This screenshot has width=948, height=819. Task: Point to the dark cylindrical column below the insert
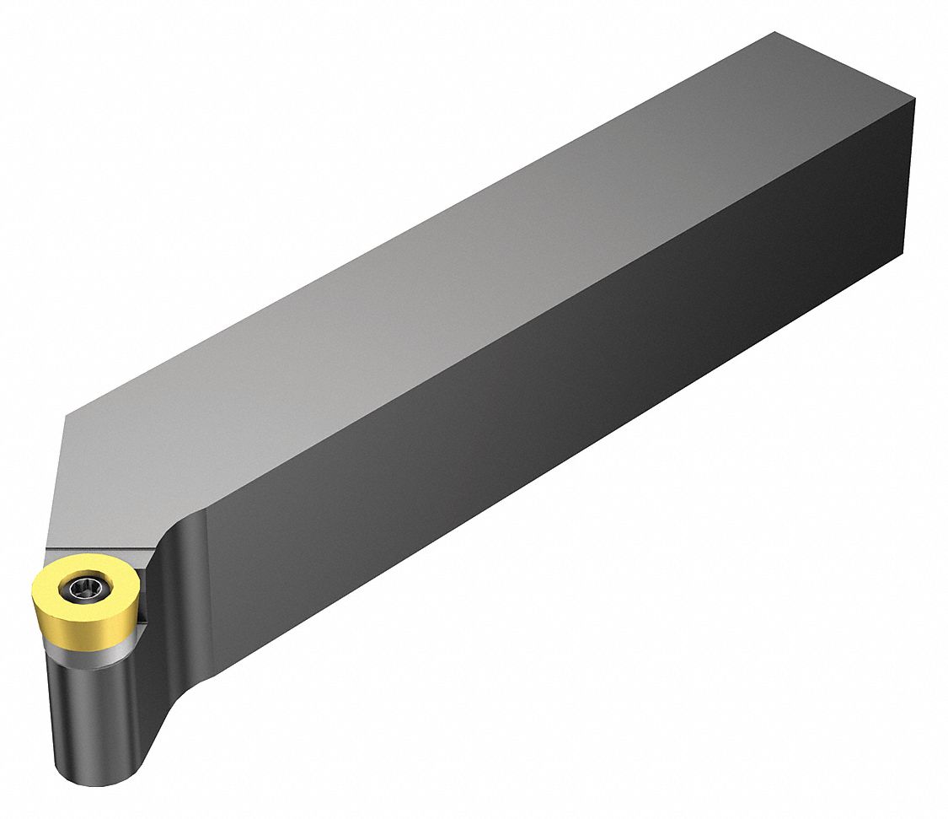(x=93, y=717)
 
